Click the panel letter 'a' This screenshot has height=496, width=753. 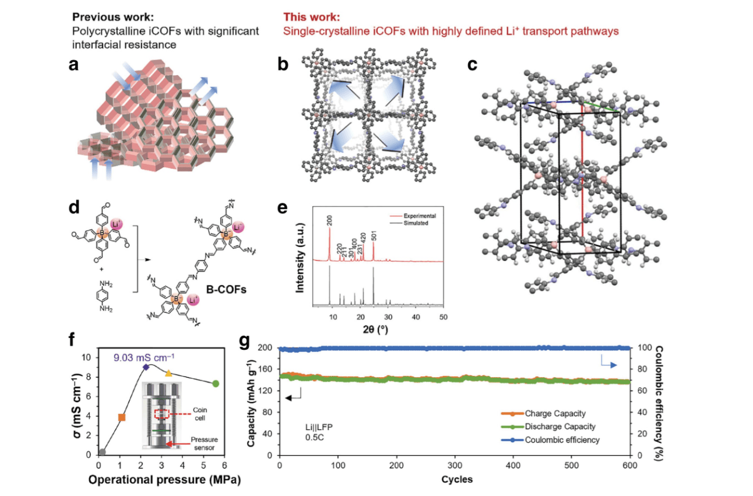click(x=74, y=65)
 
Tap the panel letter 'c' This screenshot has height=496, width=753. click(x=473, y=65)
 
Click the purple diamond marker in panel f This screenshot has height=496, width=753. click(x=146, y=367)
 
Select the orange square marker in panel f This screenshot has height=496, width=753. click(x=122, y=417)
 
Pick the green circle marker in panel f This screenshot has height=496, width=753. click(x=215, y=384)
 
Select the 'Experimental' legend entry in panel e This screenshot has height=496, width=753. click(x=417, y=216)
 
